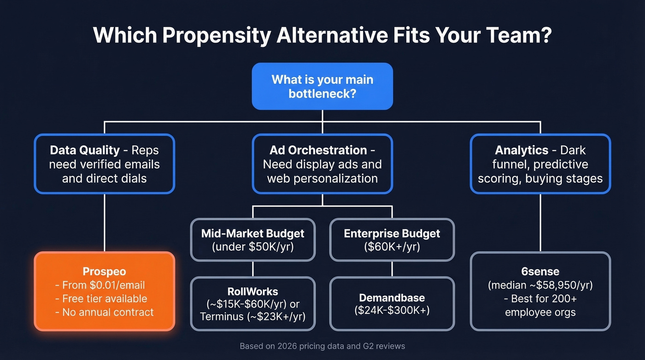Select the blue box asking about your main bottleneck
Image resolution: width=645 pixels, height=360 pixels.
tap(322, 86)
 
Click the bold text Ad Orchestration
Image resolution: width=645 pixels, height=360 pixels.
tap(318, 150)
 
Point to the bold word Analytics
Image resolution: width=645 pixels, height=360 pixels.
tap(521, 150)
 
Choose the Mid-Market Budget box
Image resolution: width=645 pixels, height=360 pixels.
tap(252, 240)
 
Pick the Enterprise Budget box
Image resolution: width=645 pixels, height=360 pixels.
tap(392, 240)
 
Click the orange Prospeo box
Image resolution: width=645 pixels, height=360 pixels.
tap(105, 291)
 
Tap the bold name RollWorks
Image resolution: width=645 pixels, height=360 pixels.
tap(252, 291)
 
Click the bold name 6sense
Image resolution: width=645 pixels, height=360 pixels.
tap(540, 272)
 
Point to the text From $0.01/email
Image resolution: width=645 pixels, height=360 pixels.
tap(105, 285)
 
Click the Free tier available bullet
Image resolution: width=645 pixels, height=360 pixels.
tap(105, 299)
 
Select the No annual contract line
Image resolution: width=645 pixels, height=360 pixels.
tap(105, 312)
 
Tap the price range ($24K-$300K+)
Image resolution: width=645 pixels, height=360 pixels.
tap(392, 310)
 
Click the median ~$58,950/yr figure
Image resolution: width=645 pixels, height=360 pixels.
tap(540, 285)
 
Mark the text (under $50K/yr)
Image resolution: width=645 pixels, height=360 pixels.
tap(252, 247)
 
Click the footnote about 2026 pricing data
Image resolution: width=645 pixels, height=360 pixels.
tap(322, 346)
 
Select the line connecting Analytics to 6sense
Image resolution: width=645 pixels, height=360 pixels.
tap(540, 223)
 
